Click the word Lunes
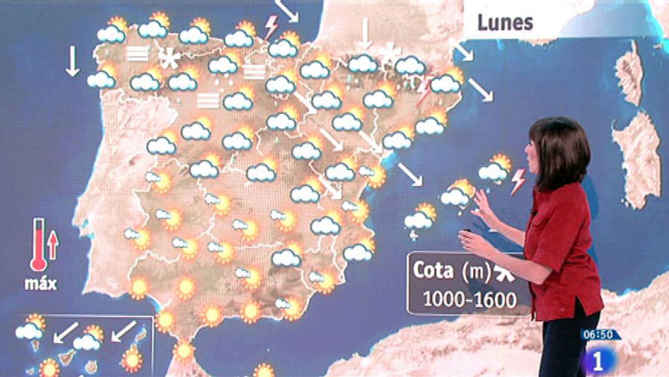coord(505,23)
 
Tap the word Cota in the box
coord(433,270)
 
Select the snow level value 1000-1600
coord(470,299)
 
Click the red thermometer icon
coord(39,245)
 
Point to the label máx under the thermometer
coord(40,284)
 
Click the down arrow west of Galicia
coord(73,61)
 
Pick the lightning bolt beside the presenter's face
coord(518,181)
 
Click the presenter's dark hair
coord(560,147)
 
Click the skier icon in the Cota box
coord(504,272)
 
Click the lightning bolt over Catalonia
coord(424,90)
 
